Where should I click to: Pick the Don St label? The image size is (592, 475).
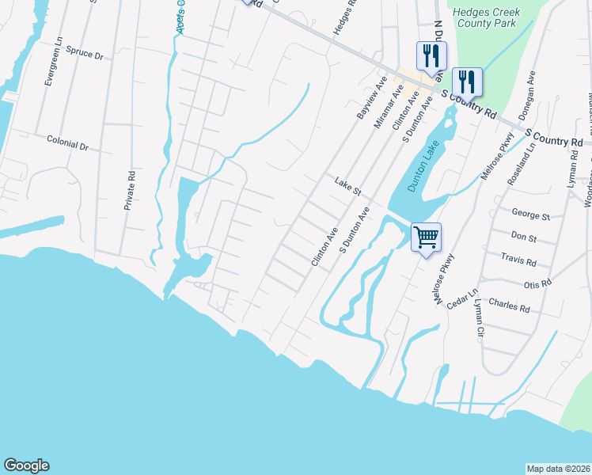[523, 237]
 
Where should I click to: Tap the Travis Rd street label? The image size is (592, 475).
[518, 260]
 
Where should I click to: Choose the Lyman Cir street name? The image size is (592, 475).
[477, 314]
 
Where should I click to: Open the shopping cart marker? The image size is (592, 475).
[426, 237]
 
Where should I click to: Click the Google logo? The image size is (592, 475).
[26, 465]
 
